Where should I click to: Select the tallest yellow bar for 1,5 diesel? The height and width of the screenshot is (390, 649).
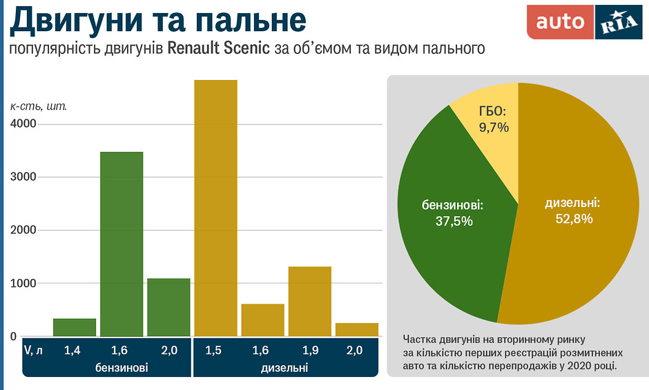pos(215,208)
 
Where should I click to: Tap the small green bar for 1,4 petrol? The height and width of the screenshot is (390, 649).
pos(75,327)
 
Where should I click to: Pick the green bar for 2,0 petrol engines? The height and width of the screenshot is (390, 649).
pos(168,307)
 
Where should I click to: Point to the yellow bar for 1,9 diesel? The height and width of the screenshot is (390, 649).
pos(310,301)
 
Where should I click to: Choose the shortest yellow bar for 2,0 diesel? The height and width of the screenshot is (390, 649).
pos(357,329)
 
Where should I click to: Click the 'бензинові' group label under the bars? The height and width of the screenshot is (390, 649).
pos(122,369)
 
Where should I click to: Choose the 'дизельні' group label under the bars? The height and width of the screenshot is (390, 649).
pos(284,369)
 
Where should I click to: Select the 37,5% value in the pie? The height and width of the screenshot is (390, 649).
pos(453,222)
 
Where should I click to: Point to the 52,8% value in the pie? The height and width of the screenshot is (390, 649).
pos(574,219)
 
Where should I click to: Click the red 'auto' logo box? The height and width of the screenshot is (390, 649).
pos(560,22)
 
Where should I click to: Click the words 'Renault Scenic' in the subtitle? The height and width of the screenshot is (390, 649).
pos(220,49)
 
